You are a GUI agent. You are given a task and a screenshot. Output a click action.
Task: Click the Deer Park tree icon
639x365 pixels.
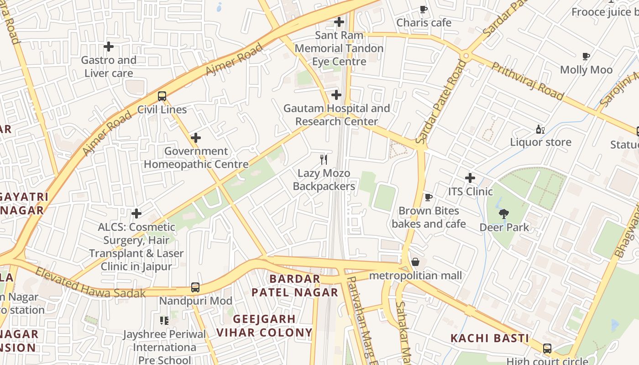pyautogui.click(x=504, y=214)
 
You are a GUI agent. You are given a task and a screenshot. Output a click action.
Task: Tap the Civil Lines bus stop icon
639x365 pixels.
pyautogui.click(x=162, y=96)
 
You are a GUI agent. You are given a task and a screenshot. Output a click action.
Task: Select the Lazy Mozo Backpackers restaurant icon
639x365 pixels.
pyautogui.click(x=324, y=159)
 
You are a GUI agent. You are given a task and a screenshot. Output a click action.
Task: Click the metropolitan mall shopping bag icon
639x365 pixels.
pyautogui.click(x=415, y=262)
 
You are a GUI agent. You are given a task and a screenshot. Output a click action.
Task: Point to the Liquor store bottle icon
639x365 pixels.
pyautogui.click(x=540, y=129)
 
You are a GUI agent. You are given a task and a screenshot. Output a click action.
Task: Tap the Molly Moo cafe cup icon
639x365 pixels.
pyautogui.click(x=586, y=57)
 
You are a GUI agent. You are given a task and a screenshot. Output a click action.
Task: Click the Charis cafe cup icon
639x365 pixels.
pyautogui.click(x=424, y=9)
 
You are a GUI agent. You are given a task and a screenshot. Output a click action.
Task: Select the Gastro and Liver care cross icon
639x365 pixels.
pyautogui.click(x=109, y=47)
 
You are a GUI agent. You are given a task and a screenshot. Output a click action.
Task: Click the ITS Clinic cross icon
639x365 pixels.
pyautogui.click(x=470, y=178)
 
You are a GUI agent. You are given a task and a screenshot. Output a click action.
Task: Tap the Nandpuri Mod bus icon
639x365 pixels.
pyautogui.click(x=195, y=287)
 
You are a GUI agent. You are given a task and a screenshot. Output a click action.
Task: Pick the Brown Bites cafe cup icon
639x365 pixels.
pyautogui.click(x=428, y=197)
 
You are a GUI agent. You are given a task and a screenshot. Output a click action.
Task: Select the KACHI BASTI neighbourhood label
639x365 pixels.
pyautogui.click(x=490, y=338)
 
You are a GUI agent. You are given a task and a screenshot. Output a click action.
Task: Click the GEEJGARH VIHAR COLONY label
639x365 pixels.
pyautogui.click(x=264, y=325)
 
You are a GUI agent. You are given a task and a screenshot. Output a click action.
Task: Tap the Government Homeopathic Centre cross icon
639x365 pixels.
pyautogui.click(x=196, y=138)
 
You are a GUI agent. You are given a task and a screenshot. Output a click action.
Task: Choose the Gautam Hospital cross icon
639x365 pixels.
pyautogui.click(x=336, y=95)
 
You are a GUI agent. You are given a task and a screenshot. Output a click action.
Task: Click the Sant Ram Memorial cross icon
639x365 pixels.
pyautogui.click(x=339, y=22)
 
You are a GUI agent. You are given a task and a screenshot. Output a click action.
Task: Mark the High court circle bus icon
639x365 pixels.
pyautogui.click(x=547, y=349)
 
